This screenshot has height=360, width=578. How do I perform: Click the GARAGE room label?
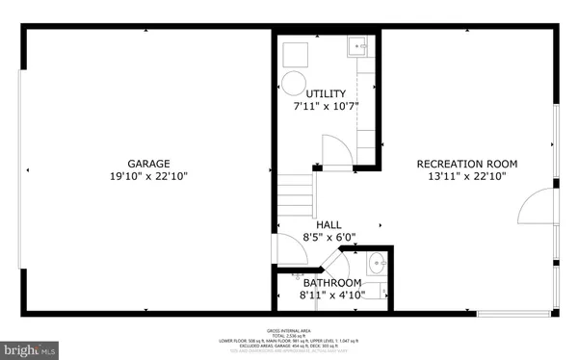[x=149, y=163]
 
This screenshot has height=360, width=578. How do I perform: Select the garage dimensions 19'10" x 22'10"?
[x=149, y=176]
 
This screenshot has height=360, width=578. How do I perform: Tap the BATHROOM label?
[x=332, y=283]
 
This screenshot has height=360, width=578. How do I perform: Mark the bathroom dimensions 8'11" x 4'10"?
[x=332, y=296]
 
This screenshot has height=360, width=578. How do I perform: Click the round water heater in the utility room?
[x=294, y=82]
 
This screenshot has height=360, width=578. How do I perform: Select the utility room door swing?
[x=333, y=149]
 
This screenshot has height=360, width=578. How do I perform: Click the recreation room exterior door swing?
[x=535, y=207]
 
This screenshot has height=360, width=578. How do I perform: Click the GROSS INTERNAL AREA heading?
[x=289, y=330]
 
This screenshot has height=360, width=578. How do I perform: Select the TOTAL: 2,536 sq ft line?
[x=289, y=335]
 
